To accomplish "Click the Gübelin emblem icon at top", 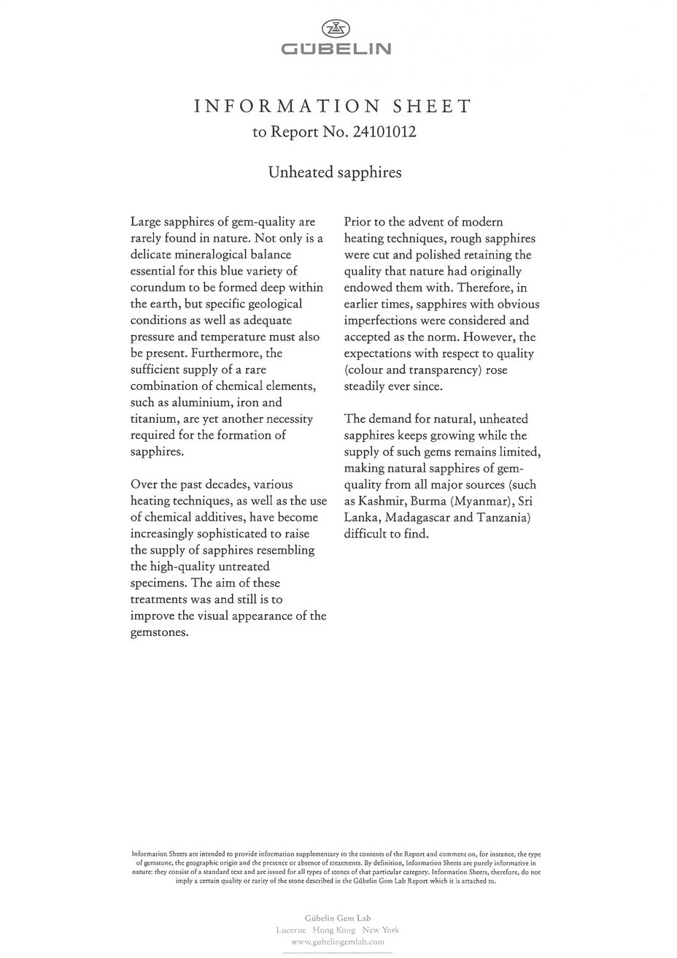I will pos(336,28).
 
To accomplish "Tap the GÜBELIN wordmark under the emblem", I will pos(336,50).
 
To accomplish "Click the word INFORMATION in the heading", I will pos(287,107).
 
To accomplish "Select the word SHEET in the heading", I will pos(433,107).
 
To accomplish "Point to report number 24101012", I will pos(384,133).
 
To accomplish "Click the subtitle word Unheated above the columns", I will pos(301,173).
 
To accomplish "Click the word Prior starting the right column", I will pos(360,221).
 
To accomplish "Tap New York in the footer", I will pos(380,930).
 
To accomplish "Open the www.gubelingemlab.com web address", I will pos(337,942).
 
